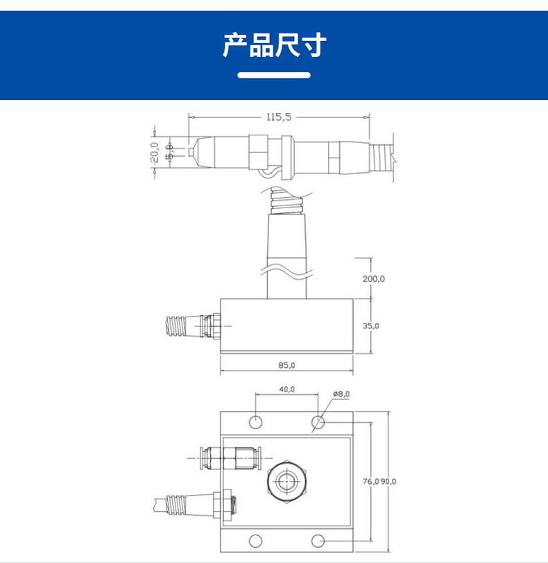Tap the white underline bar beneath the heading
point(274,75)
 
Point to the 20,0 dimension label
point(155,152)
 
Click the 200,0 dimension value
point(373,278)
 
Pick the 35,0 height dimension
point(372,325)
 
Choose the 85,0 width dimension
point(286,365)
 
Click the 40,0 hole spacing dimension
point(287,389)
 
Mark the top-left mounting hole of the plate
point(256,421)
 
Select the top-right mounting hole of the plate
point(318,421)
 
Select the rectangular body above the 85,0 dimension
point(286,325)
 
